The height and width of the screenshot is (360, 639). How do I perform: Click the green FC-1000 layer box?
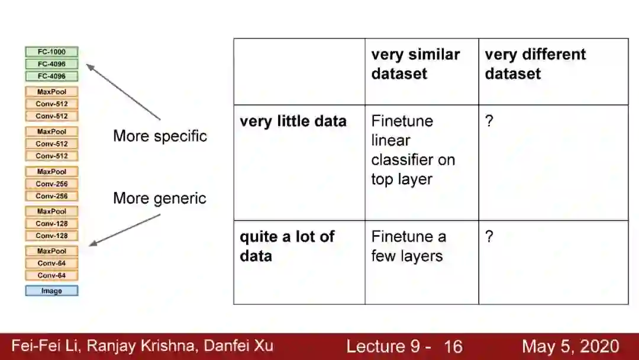(51, 52)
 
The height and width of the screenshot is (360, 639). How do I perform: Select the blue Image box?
(51, 291)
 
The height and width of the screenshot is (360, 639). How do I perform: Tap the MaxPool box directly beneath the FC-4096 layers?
(51, 92)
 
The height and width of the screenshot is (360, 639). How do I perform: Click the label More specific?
(160, 136)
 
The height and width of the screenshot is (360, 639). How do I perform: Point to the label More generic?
(160, 198)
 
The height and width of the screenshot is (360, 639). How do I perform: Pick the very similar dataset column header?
(415, 64)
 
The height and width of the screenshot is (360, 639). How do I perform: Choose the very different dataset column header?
(535, 64)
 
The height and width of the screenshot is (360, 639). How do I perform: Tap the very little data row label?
(293, 121)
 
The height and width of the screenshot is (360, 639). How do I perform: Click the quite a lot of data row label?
(287, 246)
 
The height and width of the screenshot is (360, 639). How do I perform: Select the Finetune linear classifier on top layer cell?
(413, 150)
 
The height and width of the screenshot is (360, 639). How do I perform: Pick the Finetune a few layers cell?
(408, 246)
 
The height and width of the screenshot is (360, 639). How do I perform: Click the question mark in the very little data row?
(489, 121)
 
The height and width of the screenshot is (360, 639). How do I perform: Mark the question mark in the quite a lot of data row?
(489, 237)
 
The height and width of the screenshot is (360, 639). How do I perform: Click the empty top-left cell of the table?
(299, 72)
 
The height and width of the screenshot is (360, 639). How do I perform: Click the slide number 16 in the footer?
(453, 346)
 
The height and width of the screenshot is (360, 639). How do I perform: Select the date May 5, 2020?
(570, 346)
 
